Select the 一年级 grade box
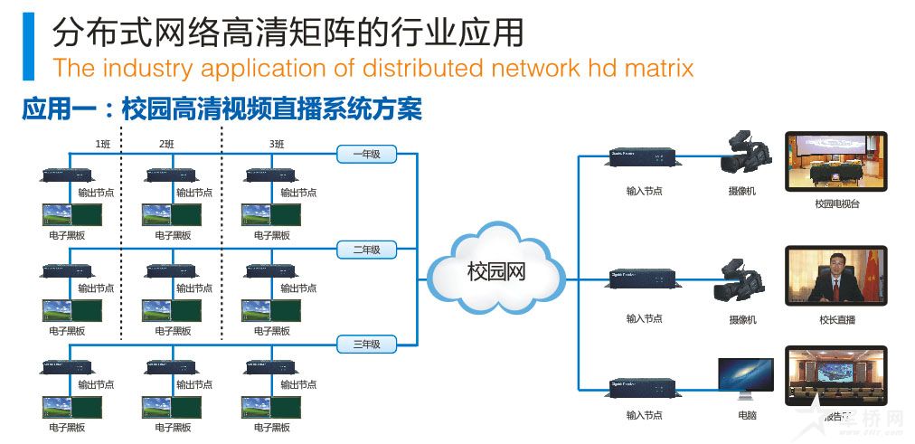click(x=366, y=155)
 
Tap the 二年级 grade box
click(x=366, y=250)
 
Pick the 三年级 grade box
click(x=366, y=344)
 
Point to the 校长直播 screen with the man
click(x=836, y=275)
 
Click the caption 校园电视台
click(x=836, y=204)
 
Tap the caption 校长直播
click(x=836, y=319)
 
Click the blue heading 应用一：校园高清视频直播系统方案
click(x=222, y=110)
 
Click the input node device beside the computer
click(x=644, y=386)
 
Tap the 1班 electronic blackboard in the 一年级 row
click(x=71, y=214)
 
